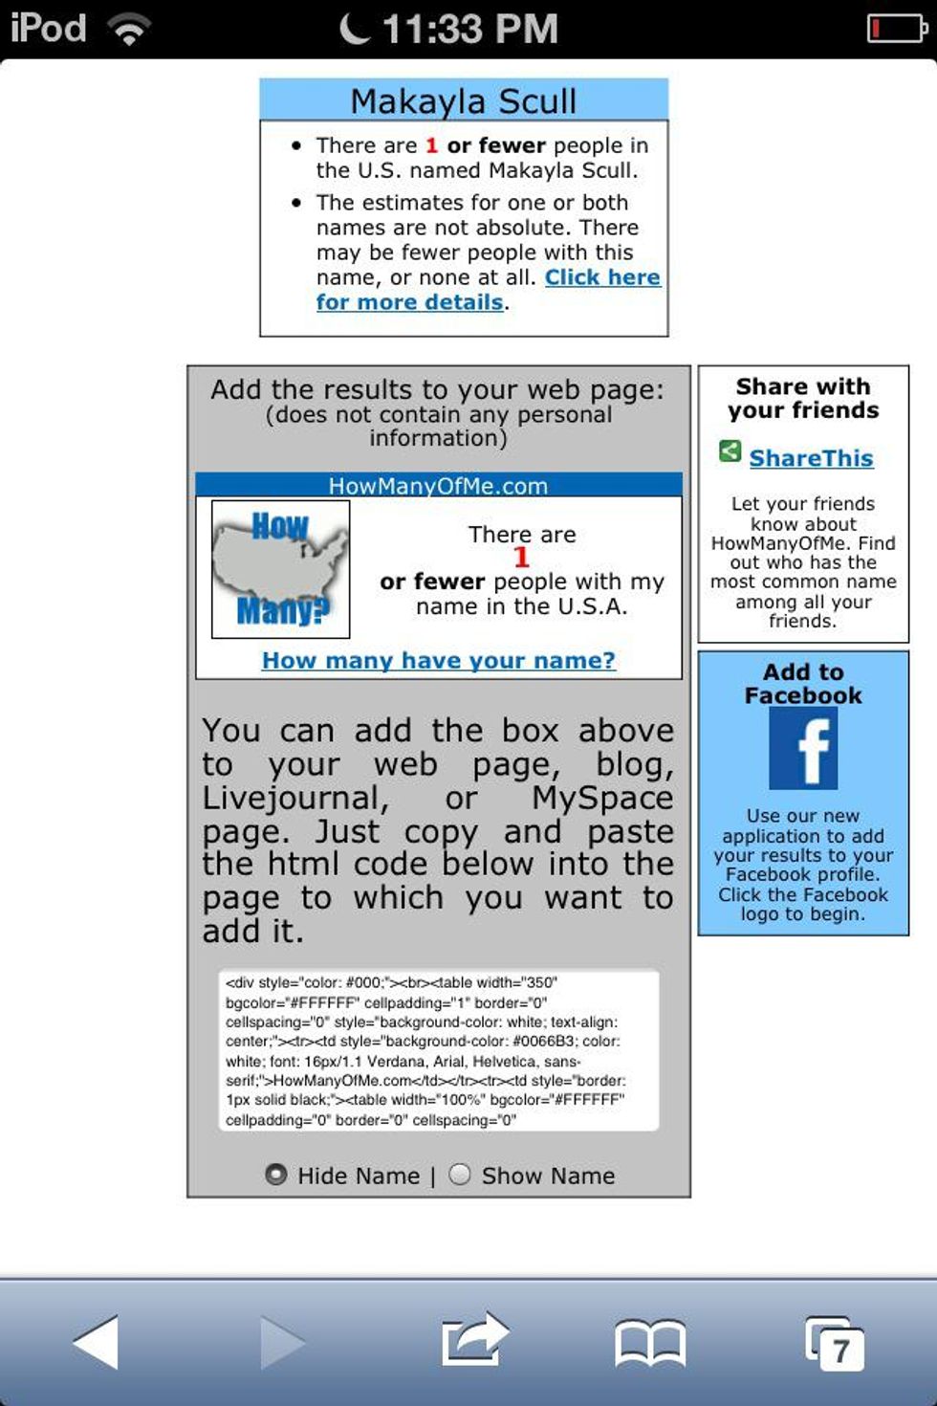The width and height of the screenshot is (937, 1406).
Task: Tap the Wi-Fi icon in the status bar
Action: coord(129,30)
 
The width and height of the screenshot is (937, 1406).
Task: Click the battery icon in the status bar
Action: coord(896,29)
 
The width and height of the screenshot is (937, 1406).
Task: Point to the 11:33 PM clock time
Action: coord(469,29)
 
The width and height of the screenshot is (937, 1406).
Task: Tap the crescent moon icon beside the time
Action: coord(355,29)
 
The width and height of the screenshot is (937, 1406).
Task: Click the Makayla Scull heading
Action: coord(464,100)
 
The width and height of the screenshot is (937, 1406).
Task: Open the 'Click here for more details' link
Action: coord(601,277)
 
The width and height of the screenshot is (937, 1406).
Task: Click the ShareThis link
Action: coord(811,458)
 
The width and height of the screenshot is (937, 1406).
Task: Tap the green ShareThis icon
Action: coord(730,451)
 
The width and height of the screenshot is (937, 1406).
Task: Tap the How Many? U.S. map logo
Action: coord(280,569)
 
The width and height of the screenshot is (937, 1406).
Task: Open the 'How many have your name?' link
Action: coord(439,660)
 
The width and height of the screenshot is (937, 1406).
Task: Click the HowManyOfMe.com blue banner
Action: coord(439,485)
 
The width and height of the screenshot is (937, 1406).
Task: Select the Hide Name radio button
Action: coord(276,1175)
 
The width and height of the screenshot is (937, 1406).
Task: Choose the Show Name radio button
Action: coord(460,1175)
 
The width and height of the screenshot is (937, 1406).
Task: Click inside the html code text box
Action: coord(439,1050)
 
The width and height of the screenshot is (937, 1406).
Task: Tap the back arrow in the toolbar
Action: coord(97,1342)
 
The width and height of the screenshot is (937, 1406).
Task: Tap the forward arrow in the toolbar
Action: coord(282,1342)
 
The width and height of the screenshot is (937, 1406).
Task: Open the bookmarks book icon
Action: coord(650,1343)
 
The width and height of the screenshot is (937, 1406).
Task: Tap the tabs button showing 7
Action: coord(836,1345)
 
